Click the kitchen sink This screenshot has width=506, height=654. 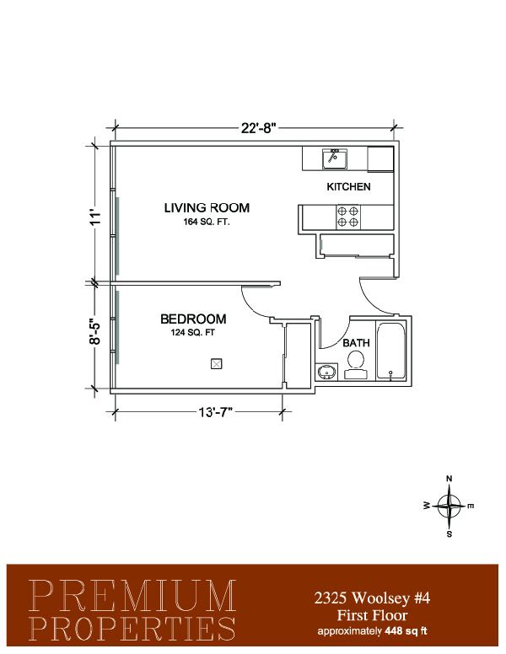335,158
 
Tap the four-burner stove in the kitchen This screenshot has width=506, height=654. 348,217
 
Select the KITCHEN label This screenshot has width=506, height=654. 348,186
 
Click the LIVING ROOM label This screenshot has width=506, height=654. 207,207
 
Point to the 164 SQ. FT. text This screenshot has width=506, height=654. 207,222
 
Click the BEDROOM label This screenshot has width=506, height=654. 193,319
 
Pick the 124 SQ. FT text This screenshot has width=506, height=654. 192,332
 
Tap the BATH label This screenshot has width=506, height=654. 356,343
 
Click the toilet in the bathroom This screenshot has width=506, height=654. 356,365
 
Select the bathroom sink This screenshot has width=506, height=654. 327,371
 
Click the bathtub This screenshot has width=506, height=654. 390,351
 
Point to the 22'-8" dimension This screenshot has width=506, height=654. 259,127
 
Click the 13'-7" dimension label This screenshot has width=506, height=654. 215,412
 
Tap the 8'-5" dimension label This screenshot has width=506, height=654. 95,331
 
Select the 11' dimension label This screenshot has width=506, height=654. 95,217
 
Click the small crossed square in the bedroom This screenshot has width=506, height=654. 216,364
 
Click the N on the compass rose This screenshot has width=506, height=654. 449,479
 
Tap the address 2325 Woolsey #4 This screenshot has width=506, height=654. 372,598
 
